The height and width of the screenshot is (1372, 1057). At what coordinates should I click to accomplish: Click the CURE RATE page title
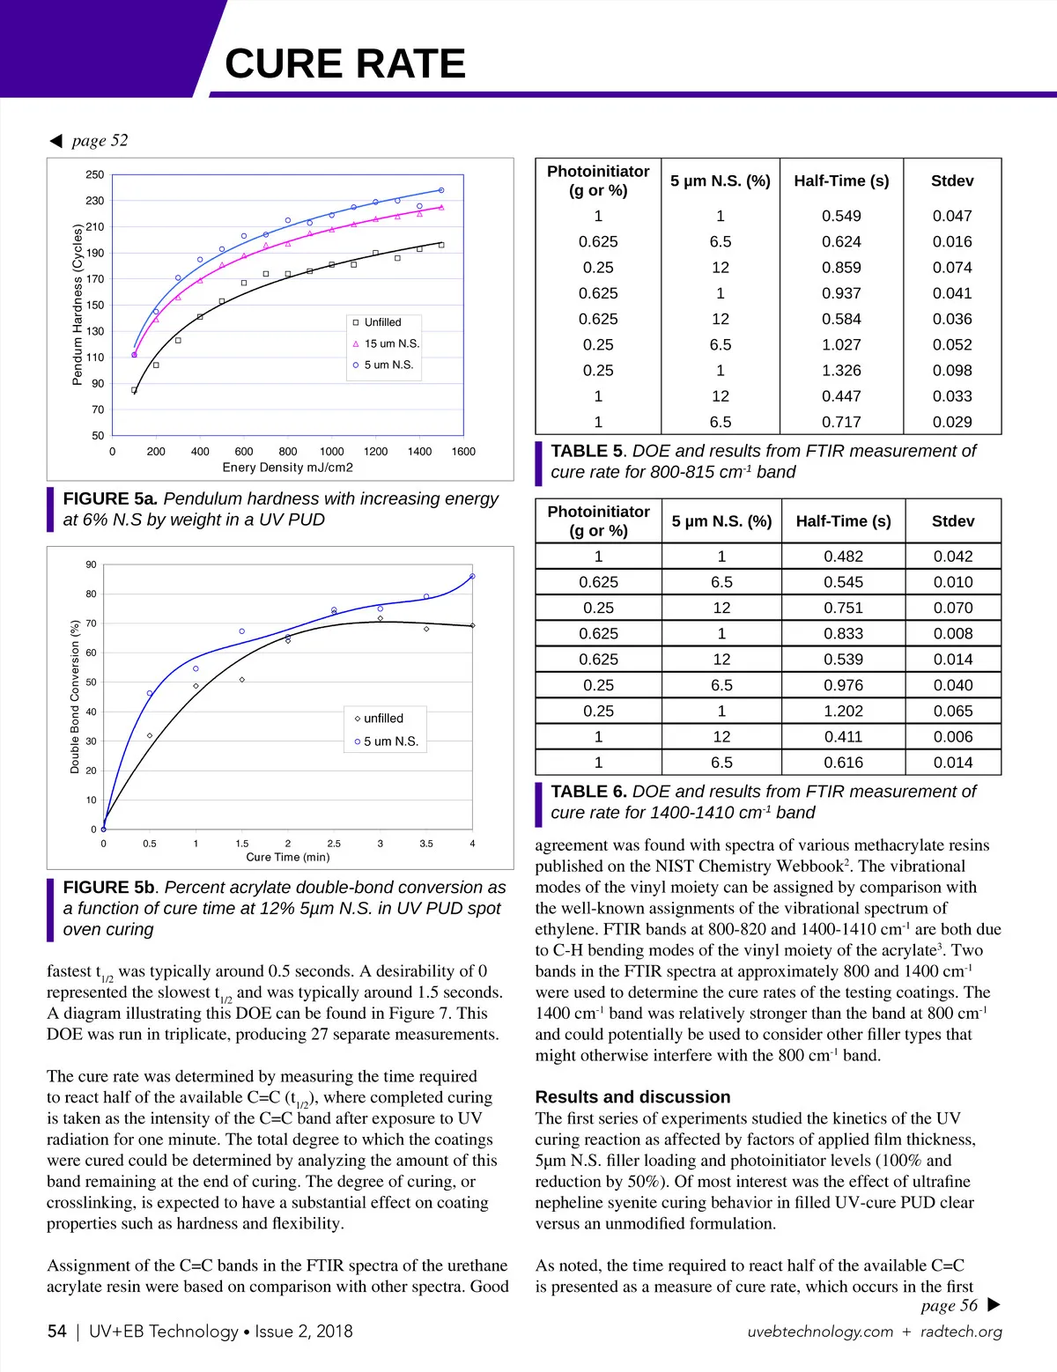pyautogui.click(x=344, y=63)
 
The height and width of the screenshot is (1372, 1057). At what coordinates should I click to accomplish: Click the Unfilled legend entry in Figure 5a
pyautogui.click(x=382, y=322)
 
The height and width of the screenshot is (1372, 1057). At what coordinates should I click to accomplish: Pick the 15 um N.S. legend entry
pyautogui.click(x=391, y=343)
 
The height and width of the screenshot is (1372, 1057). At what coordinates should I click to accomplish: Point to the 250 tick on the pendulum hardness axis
pyautogui.click(x=94, y=175)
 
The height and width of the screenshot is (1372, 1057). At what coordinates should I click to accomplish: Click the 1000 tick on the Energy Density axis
pyautogui.click(x=332, y=452)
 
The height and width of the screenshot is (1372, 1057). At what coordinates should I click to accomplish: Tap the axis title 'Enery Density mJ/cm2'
pyautogui.click(x=288, y=468)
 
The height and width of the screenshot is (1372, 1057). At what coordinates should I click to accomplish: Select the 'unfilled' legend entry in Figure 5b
pyautogui.click(x=383, y=719)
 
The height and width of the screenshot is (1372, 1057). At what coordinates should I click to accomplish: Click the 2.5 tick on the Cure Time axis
pyautogui.click(x=334, y=844)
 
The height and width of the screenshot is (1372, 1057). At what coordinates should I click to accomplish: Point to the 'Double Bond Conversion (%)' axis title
pyautogui.click(x=75, y=697)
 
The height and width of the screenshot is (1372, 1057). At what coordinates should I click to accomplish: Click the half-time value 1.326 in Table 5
pyautogui.click(x=841, y=371)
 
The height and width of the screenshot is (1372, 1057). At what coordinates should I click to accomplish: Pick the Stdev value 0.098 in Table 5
pyautogui.click(x=952, y=371)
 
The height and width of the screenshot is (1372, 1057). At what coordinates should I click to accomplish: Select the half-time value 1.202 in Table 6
pyautogui.click(x=843, y=711)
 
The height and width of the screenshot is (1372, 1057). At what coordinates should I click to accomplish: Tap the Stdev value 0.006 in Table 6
pyautogui.click(x=953, y=736)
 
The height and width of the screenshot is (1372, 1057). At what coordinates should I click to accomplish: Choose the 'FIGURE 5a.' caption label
pyautogui.click(x=110, y=498)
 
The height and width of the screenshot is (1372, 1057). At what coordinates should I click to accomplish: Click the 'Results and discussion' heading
pyautogui.click(x=632, y=1097)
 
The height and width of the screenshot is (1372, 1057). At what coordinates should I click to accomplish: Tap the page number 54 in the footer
pyautogui.click(x=57, y=1331)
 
